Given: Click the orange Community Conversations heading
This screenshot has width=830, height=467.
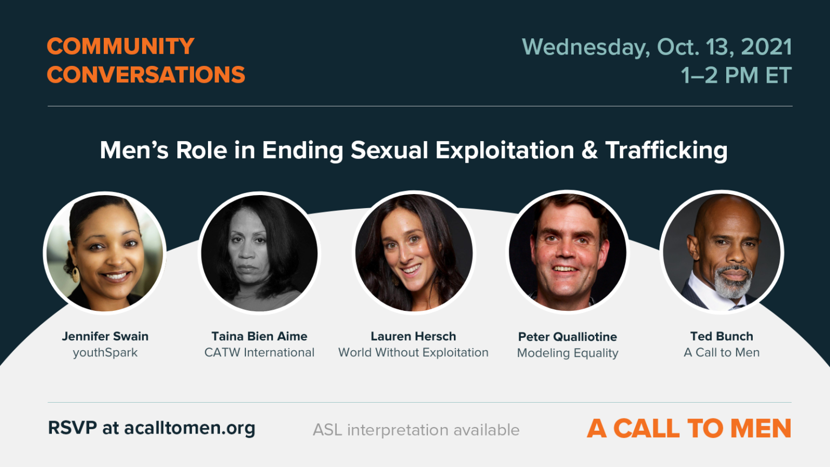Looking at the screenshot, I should [x=146, y=61].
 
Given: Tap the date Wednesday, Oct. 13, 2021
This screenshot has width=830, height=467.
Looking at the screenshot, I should [x=657, y=47].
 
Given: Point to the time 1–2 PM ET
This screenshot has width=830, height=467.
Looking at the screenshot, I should [x=736, y=76].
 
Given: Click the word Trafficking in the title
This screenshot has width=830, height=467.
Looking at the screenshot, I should [x=666, y=150].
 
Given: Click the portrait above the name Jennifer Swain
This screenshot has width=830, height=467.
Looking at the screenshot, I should [x=105, y=253].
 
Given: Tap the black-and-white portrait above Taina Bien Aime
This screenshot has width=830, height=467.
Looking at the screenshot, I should [x=259, y=253].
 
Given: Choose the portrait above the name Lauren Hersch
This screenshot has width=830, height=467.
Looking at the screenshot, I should [x=413, y=253].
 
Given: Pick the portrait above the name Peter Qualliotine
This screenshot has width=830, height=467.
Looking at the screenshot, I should [x=567, y=252].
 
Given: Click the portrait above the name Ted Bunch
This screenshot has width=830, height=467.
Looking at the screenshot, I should [x=722, y=252].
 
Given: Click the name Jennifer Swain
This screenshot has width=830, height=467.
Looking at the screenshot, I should [x=105, y=336].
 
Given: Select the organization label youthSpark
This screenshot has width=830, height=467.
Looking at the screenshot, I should [x=105, y=353].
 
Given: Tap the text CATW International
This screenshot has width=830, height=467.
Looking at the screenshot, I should [x=259, y=352].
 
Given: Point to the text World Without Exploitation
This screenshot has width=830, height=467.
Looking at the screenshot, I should [x=413, y=352].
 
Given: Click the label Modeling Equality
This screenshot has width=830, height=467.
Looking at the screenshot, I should [x=567, y=353].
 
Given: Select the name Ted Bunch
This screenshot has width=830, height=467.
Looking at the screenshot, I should [x=721, y=336].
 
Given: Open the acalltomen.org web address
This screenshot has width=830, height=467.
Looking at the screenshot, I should [x=189, y=428].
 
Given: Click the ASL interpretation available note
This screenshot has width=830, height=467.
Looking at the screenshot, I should [x=416, y=430].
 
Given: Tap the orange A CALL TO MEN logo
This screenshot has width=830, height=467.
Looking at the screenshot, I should [x=689, y=429].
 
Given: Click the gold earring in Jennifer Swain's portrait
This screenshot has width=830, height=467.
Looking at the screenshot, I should [x=75, y=273].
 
